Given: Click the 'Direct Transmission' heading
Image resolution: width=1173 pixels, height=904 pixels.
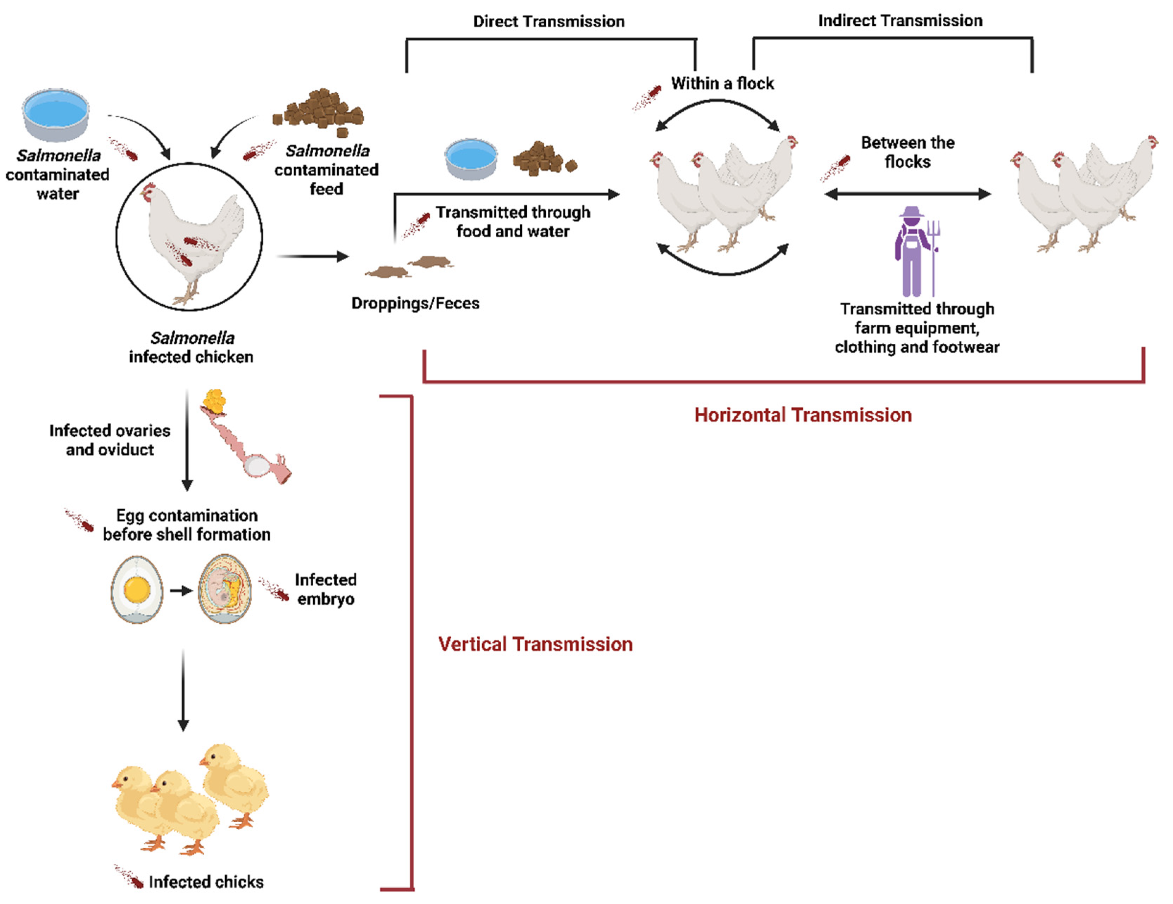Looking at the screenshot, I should [548, 21].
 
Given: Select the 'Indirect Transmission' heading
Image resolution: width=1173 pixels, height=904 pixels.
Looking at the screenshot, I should [900, 20].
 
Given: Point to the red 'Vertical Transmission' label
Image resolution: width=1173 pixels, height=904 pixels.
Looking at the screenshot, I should [535, 643].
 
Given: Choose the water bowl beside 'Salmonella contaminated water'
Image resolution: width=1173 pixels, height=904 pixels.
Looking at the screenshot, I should [56, 114].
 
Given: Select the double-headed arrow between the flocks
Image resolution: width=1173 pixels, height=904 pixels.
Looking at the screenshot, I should [907, 194].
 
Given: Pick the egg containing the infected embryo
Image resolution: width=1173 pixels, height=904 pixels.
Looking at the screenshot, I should [225, 589].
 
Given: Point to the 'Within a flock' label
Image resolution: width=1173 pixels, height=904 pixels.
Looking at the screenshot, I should [722, 83].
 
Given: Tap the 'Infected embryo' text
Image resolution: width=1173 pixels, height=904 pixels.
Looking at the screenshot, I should [326, 589].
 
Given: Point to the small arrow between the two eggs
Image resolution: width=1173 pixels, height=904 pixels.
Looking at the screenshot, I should [181, 590].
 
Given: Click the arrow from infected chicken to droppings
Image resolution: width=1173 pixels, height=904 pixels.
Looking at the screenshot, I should [313, 256].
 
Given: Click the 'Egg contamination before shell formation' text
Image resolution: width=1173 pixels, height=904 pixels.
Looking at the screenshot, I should [186, 524].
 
